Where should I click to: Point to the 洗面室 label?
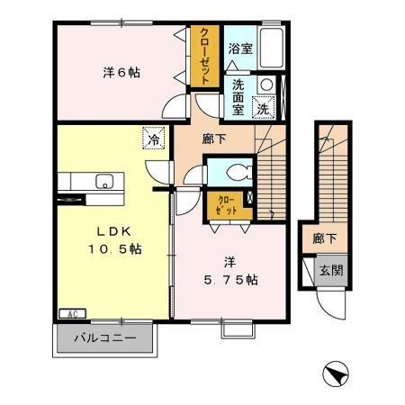point(238,95)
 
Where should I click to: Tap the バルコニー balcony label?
point(104,339)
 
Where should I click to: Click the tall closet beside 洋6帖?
point(203,56)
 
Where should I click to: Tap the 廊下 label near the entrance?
point(324,239)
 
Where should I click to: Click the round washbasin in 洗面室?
point(265,85)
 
